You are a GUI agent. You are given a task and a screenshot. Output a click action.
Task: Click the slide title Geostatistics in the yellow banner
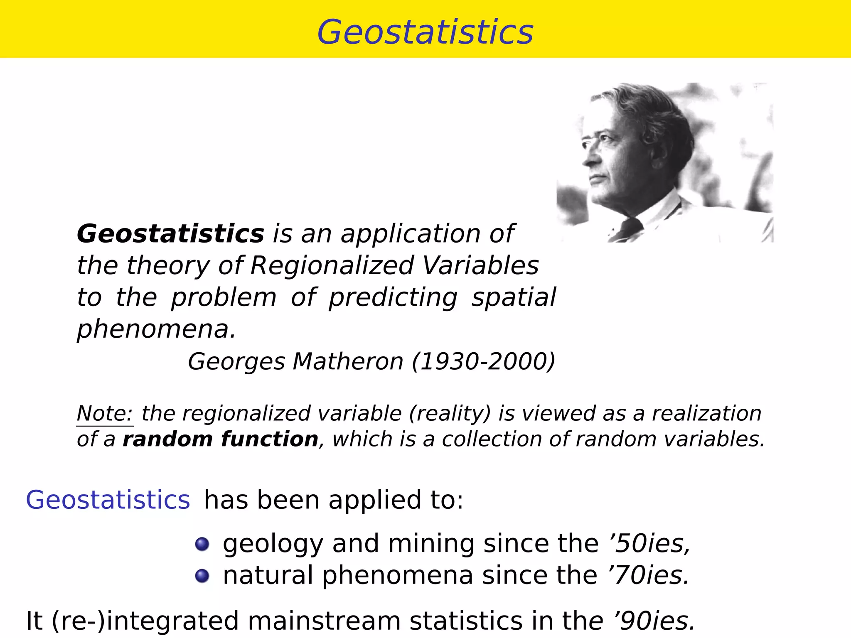pos(425,32)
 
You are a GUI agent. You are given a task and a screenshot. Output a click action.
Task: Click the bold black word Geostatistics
pos(170,233)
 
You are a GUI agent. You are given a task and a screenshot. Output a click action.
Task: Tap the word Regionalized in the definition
pos(332,265)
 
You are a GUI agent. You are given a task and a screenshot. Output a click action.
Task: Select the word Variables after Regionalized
pos(480,265)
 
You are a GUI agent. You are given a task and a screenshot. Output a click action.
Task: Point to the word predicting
pos(393,298)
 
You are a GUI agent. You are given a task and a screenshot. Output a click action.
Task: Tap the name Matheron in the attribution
pos(348,361)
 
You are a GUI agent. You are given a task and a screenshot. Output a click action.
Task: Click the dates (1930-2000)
pos(483,361)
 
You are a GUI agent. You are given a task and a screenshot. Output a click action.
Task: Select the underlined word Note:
pos(105,413)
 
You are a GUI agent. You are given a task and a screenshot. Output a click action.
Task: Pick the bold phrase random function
pos(220,439)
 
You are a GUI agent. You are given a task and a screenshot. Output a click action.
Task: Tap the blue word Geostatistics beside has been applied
pos(108,500)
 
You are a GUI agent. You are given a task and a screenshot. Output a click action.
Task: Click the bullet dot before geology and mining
pos(202,544)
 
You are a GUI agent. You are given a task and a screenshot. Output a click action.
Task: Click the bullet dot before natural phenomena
pos(202,576)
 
